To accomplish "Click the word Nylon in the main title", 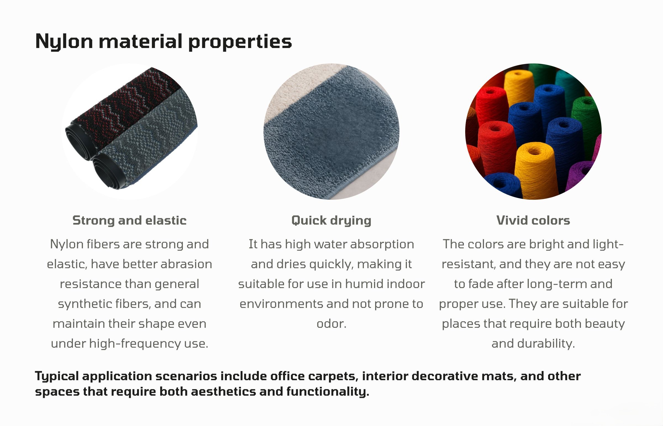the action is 64,41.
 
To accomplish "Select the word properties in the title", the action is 240,42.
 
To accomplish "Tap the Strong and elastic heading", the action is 129,220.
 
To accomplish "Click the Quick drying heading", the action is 331,221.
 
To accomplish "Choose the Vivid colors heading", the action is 533,220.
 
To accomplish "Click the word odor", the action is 331,324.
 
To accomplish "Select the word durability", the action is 546,344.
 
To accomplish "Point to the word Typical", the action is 57,377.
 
